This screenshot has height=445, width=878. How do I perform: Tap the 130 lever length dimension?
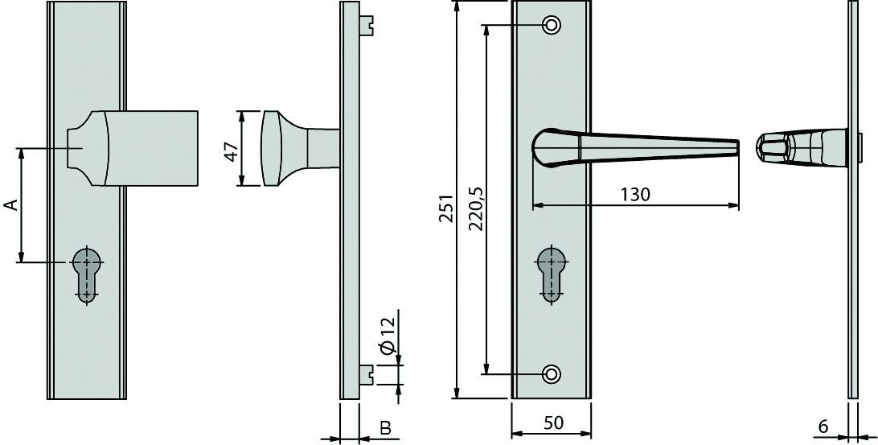tap(635, 194)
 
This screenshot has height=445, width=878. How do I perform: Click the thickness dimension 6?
tap(823, 426)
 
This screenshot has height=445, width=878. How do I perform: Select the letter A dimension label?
tap(10, 205)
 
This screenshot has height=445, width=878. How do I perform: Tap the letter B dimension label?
tap(385, 428)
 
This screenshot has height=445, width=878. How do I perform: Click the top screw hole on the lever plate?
tap(552, 25)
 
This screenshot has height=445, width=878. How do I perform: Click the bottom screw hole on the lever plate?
tap(552, 373)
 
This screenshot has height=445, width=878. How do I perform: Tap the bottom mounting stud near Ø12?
tap(368, 373)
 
